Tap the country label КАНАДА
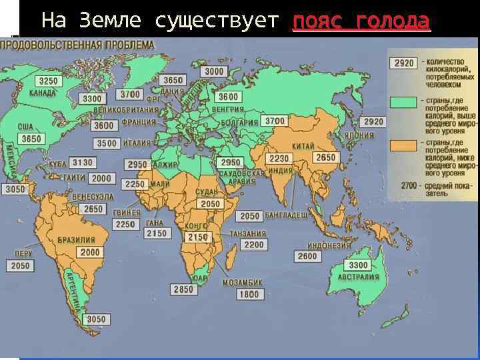pos(43,93)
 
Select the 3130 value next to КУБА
pos(83,163)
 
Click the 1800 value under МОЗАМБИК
pos(249,294)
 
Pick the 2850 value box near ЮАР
pos(183,289)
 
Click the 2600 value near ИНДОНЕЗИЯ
pos(307,256)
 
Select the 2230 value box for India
pos(279,159)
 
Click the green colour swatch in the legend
pos(403,103)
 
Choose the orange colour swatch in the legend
pos(403,145)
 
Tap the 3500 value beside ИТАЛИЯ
pos(107,143)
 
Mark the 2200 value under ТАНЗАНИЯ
pos(254,245)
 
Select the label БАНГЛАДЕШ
pos(286,216)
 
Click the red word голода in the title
pos(393,21)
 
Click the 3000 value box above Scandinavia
pos(214,71)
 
